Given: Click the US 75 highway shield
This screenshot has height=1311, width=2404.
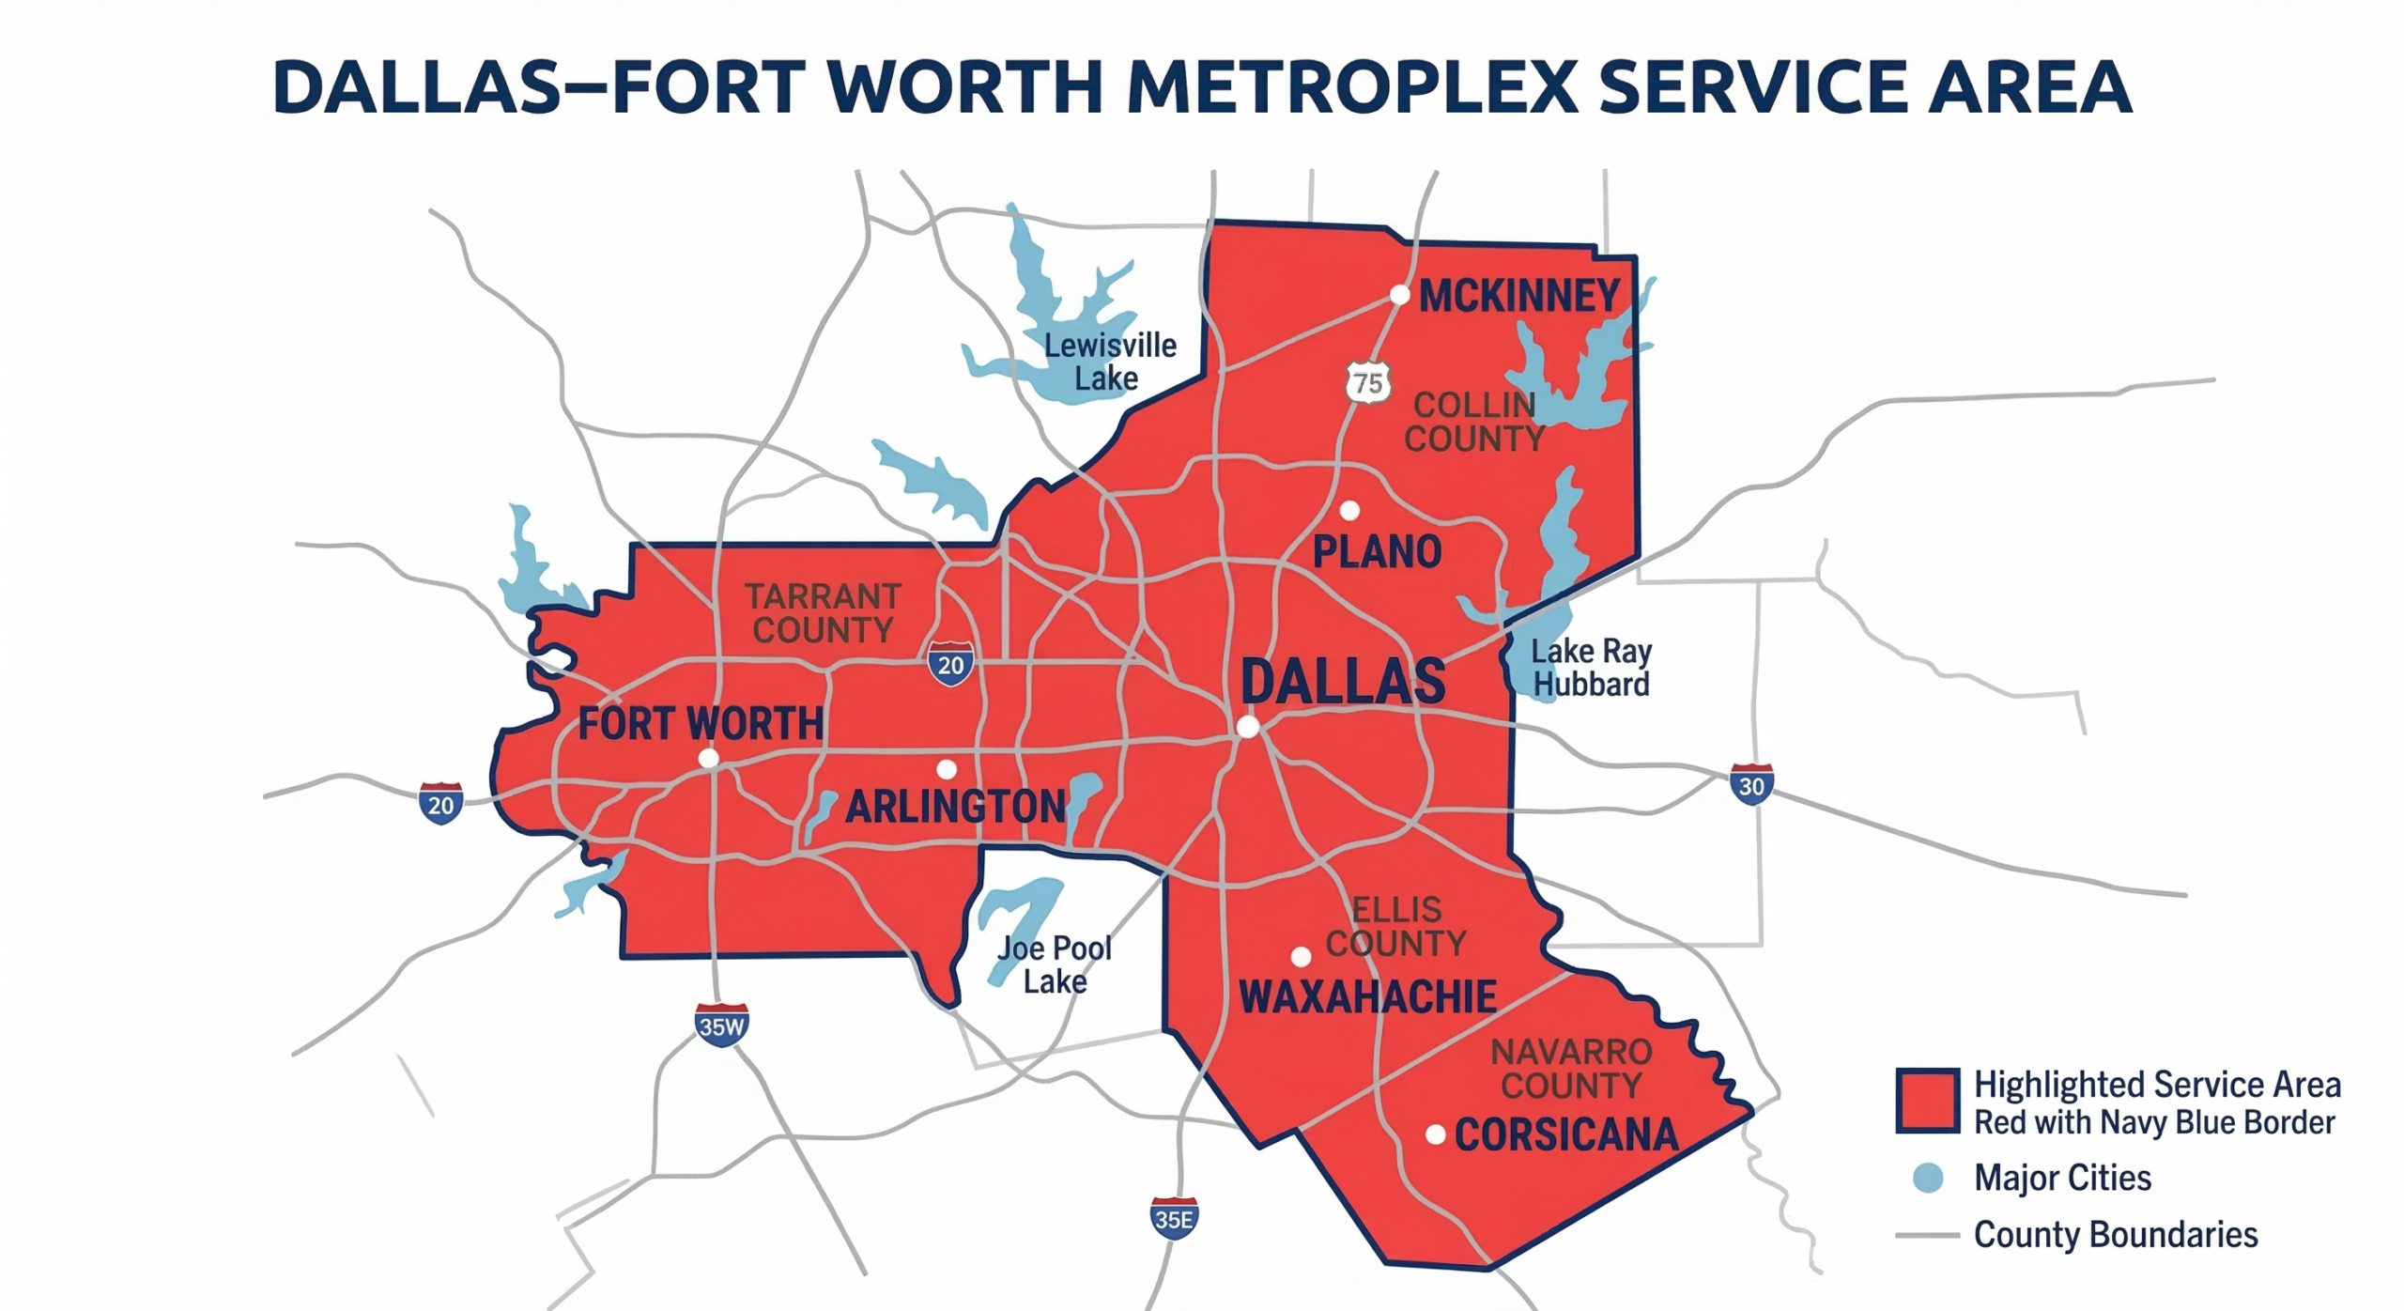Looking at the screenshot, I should coord(1368,382).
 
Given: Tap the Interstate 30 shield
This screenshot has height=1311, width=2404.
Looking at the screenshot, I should coord(1751,784).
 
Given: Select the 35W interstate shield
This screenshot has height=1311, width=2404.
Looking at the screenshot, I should coord(721,1026).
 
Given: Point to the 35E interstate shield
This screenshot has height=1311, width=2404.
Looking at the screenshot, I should coord(1174,1218).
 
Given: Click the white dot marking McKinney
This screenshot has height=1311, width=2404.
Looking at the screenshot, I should coord(1399,295).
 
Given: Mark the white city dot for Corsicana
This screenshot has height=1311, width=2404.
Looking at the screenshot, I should coord(1435,1134).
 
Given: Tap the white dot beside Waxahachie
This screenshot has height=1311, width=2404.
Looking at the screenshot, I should coord(1301,957).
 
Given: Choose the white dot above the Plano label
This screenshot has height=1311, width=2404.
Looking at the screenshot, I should coord(1349,511).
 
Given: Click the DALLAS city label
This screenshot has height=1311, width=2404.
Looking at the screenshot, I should coord(1343,681).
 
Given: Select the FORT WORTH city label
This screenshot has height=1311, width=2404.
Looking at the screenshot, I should coord(701,724).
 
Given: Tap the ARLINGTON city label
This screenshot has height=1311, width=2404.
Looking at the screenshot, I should coord(956,807).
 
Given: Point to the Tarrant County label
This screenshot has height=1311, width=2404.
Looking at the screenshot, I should coord(823,612).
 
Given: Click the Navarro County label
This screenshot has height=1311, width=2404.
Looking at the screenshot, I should coord(1571,1069).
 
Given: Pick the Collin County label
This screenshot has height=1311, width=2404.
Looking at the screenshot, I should coord(1473,422).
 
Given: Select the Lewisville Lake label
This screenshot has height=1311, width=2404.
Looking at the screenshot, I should coord(1109,362).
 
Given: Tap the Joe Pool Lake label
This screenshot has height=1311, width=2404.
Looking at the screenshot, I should coord(1055,964).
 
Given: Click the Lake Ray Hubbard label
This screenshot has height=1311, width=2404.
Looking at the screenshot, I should coord(1591,667).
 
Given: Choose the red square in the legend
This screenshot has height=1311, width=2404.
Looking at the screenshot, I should coord(1927,1101).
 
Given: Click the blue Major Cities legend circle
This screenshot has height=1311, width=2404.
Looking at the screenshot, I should coord(1928,1178).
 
